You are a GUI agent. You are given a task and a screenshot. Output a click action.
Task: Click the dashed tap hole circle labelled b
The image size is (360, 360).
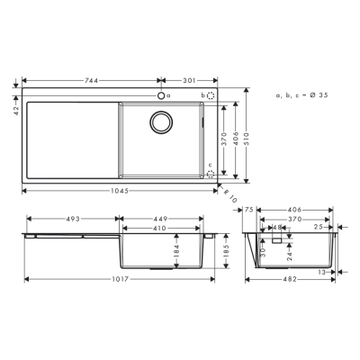coord(210,95)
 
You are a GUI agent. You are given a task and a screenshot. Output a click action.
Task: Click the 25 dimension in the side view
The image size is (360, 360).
coord(319,227)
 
